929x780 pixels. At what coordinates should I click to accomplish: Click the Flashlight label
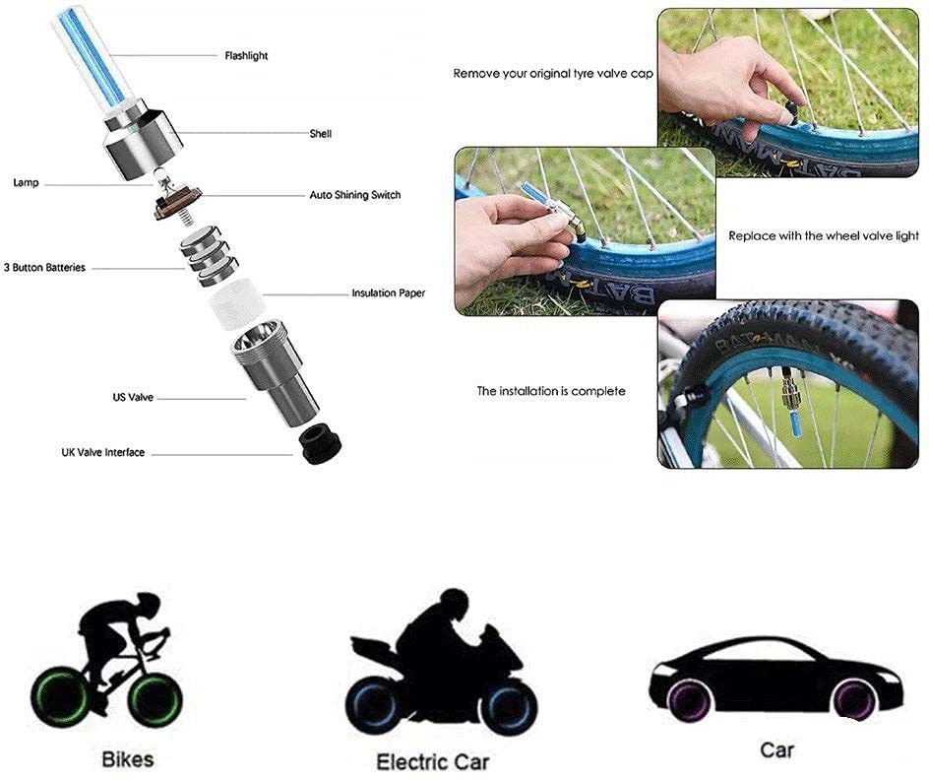click(246, 56)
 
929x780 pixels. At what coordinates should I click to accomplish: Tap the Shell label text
click(320, 134)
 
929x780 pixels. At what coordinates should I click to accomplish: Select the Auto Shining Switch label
click(355, 195)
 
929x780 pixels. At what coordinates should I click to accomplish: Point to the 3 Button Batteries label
click(44, 267)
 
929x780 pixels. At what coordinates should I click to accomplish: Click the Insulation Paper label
click(388, 292)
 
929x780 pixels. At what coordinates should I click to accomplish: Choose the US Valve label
click(133, 397)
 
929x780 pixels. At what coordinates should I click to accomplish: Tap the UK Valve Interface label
click(103, 452)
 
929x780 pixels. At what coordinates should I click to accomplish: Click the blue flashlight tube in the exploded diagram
click(91, 56)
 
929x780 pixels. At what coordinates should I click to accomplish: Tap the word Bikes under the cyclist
click(127, 759)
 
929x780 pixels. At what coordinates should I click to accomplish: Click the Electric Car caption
click(433, 761)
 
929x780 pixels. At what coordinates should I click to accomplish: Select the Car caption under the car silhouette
click(776, 749)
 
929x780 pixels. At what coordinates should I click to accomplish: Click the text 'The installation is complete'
click(551, 391)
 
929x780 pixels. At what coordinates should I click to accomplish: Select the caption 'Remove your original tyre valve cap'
click(553, 74)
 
